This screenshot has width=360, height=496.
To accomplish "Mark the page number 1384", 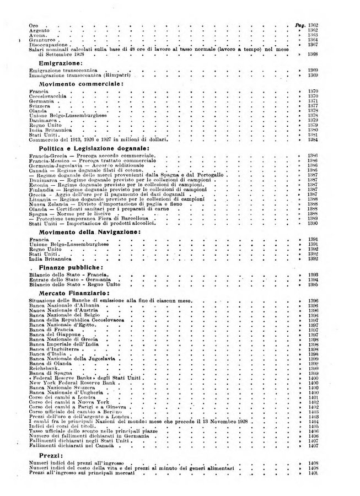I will point(313,140).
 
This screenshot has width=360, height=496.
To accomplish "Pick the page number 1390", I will point(313,223).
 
